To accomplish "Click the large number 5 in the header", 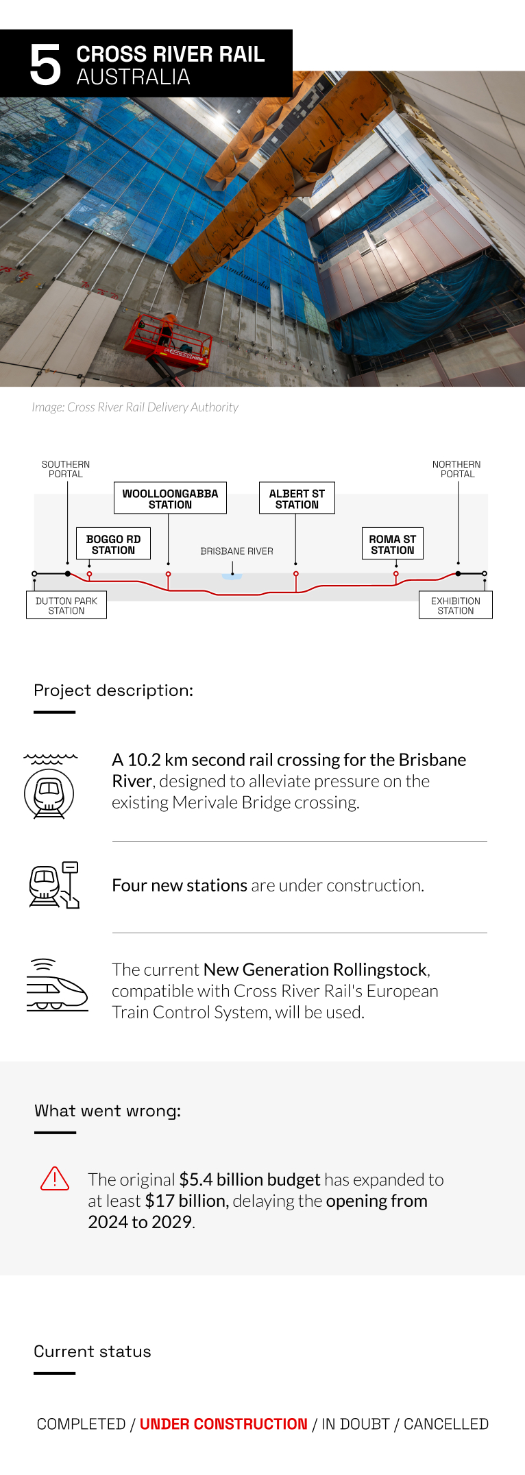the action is pyautogui.click(x=45, y=65).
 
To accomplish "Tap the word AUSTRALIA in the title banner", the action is pyautogui.click(x=133, y=77).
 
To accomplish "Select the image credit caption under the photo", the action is pyautogui.click(x=135, y=407).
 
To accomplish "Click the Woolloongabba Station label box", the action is pyautogui.click(x=170, y=499).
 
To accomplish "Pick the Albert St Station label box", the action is pyautogui.click(x=297, y=499).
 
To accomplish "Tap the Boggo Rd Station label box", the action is pyautogui.click(x=113, y=544).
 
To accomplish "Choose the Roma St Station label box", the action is pyautogui.click(x=392, y=544).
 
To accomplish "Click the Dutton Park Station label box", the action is pyautogui.click(x=66, y=605).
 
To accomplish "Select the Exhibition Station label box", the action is pyautogui.click(x=456, y=605).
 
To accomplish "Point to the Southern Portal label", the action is pyautogui.click(x=66, y=469).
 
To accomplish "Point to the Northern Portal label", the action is pyautogui.click(x=457, y=469).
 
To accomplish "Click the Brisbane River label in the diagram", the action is pyautogui.click(x=236, y=551).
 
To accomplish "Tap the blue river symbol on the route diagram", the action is pyautogui.click(x=232, y=577).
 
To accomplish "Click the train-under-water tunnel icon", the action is pyautogui.click(x=50, y=786).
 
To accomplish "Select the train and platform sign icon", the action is pyautogui.click(x=54, y=885).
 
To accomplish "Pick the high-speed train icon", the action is pyautogui.click(x=58, y=985).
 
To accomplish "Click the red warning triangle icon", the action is pyautogui.click(x=55, y=1178).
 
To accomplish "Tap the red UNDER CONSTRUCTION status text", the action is pyautogui.click(x=223, y=1424).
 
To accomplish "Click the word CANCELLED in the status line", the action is pyautogui.click(x=446, y=1424).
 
